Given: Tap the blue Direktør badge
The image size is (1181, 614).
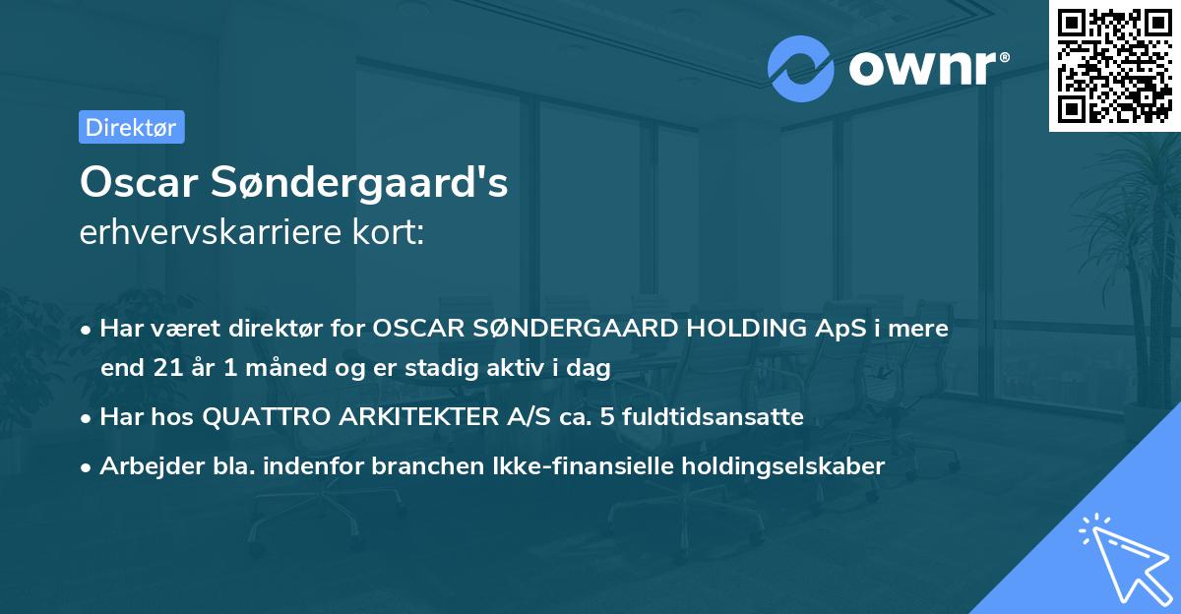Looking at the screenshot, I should coord(131,127).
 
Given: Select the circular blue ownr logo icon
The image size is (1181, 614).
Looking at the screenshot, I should coord(801,68).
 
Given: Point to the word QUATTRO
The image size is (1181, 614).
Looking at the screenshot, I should coord(263,417).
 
